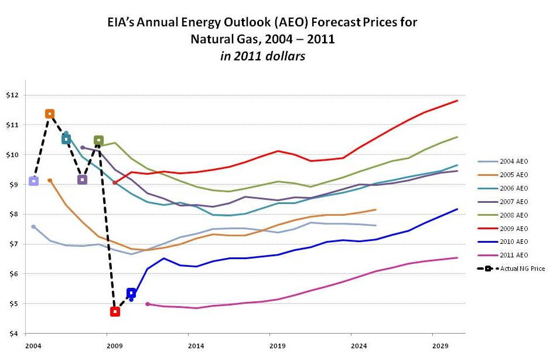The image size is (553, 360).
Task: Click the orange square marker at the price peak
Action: point(50,114)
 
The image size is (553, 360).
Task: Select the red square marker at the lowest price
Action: point(115,312)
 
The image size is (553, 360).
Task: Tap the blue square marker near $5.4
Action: point(131,293)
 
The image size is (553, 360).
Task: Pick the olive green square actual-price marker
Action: point(98,141)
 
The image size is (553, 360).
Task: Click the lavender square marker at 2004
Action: point(33,181)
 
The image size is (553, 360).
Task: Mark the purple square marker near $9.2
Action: point(82,179)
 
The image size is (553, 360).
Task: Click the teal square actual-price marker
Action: point(66,139)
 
